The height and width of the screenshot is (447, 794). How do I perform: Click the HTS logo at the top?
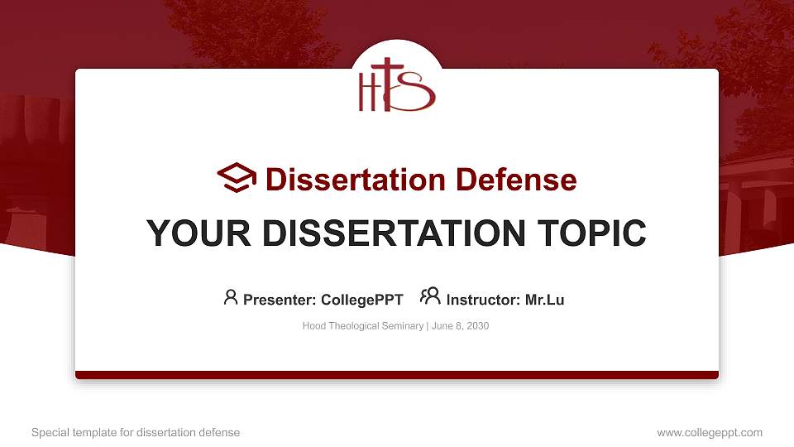pyautogui.click(x=396, y=85)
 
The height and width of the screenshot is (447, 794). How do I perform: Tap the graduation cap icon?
pyautogui.click(x=237, y=179)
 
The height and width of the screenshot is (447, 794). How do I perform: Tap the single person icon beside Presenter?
pyautogui.click(x=231, y=297)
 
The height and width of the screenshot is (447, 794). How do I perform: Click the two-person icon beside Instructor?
pyautogui.click(x=430, y=297)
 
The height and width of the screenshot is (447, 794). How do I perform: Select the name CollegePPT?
pyautogui.click(x=361, y=300)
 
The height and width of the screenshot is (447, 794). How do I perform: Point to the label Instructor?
pyautogui.click(x=484, y=300)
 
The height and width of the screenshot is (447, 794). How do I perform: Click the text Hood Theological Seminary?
pyautogui.click(x=363, y=326)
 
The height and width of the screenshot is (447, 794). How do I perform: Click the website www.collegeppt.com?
pyautogui.click(x=709, y=432)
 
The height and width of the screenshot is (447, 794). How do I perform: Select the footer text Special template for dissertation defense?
pyautogui.click(x=136, y=432)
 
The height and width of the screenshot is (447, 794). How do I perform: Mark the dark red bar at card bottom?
pyautogui.click(x=397, y=375)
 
